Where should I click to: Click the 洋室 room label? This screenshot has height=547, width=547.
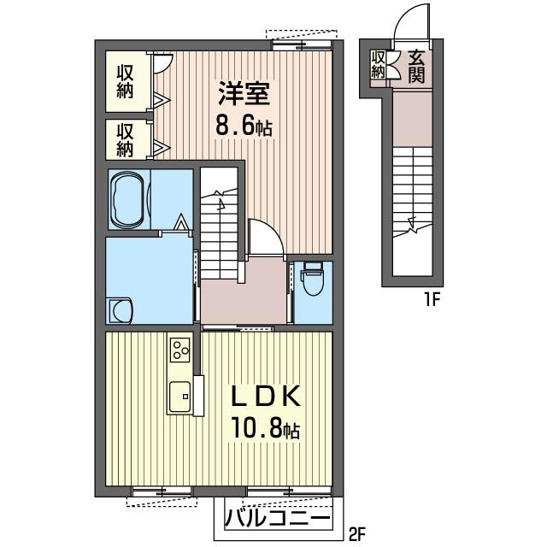click(244, 93)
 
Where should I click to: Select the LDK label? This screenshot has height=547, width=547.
click(266, 396)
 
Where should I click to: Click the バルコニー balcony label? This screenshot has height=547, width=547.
click(277, 517)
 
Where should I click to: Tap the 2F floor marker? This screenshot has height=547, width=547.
click(357, 532)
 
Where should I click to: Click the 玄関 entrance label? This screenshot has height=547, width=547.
click(416, 67)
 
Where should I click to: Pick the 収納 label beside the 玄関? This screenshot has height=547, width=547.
click(378, 65)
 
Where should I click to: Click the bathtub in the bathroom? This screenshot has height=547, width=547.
click(129, 199)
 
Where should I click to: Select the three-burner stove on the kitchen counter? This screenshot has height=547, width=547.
click(180, 350)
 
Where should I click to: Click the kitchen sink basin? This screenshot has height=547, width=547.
click(180, 397)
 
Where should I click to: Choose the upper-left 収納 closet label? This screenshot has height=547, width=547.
click(125, 82)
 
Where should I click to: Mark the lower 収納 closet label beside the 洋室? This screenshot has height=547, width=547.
click(125, 140)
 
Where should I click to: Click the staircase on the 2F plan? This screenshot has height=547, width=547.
click(219, 223)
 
